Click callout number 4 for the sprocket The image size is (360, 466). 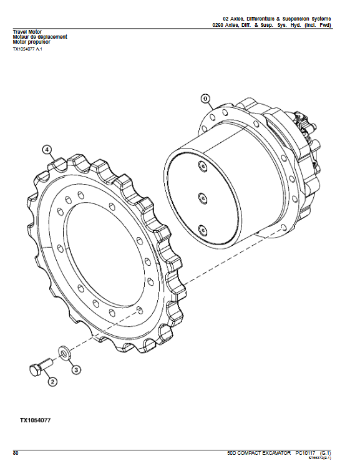point(47,149)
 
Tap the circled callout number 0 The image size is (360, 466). point(206,99)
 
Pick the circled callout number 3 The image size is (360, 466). point(75,369)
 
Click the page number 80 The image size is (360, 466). point(16,452)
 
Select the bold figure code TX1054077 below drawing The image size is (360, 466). point(35,420)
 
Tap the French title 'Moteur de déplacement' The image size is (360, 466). point(40,37)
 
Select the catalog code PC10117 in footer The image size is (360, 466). point(308,452)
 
